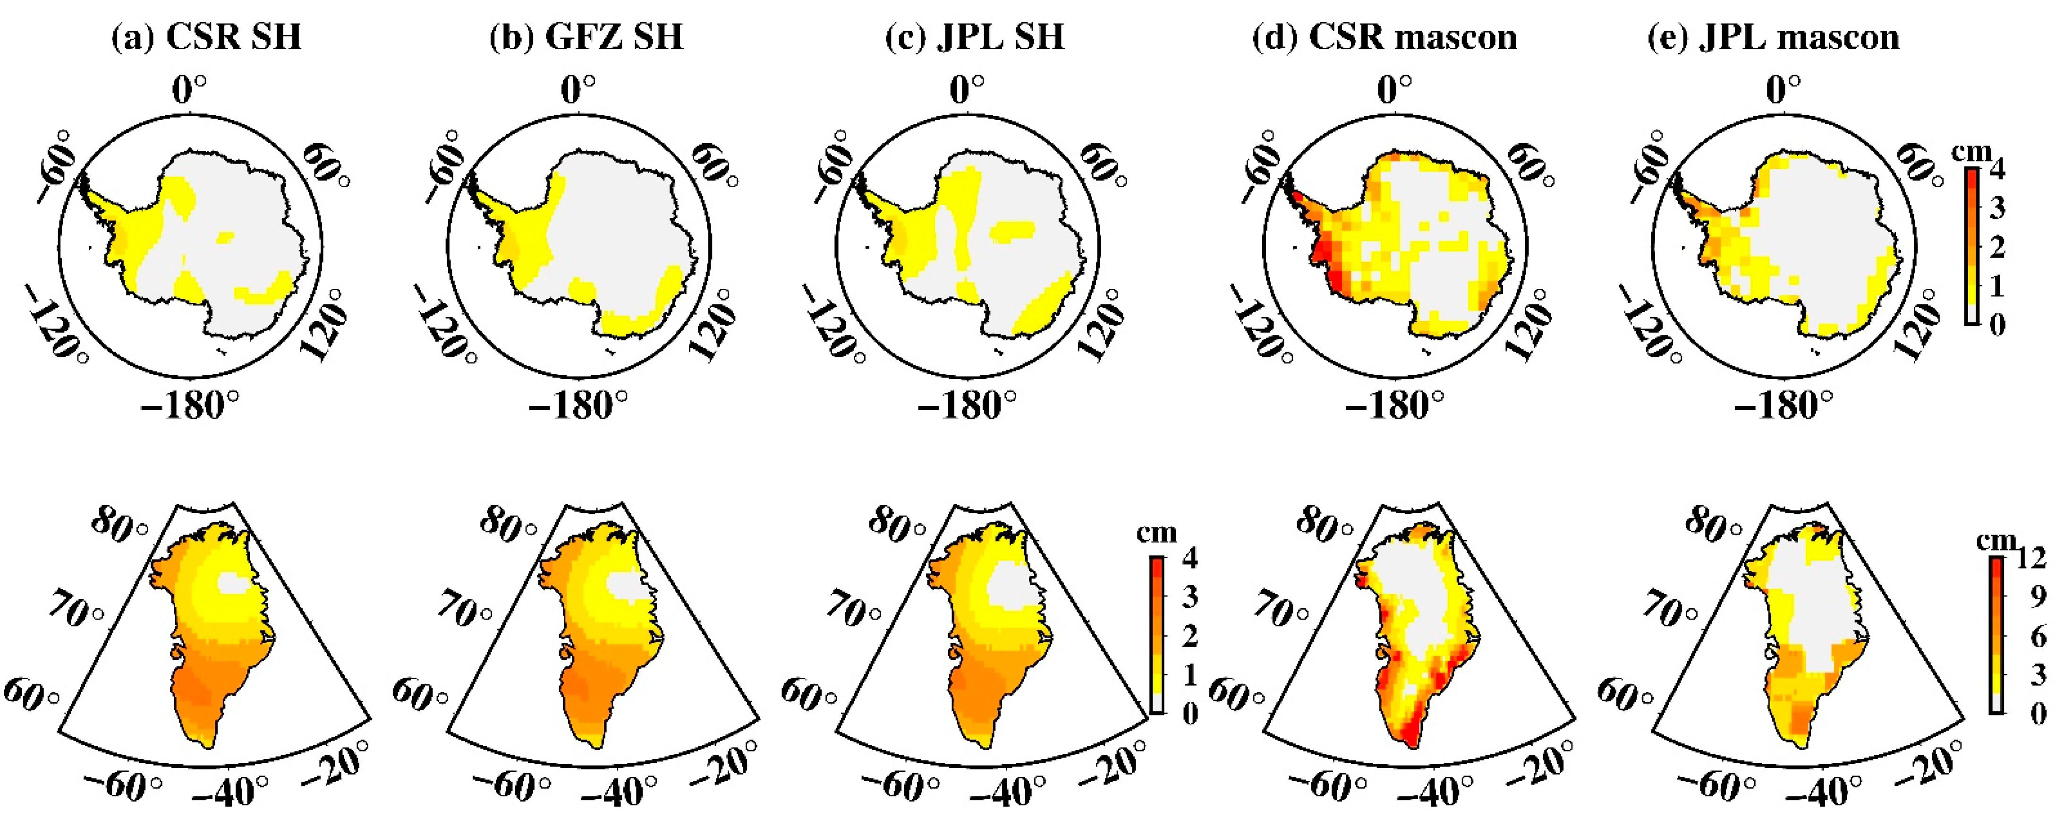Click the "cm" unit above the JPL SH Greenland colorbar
(x=1156, y=532)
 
